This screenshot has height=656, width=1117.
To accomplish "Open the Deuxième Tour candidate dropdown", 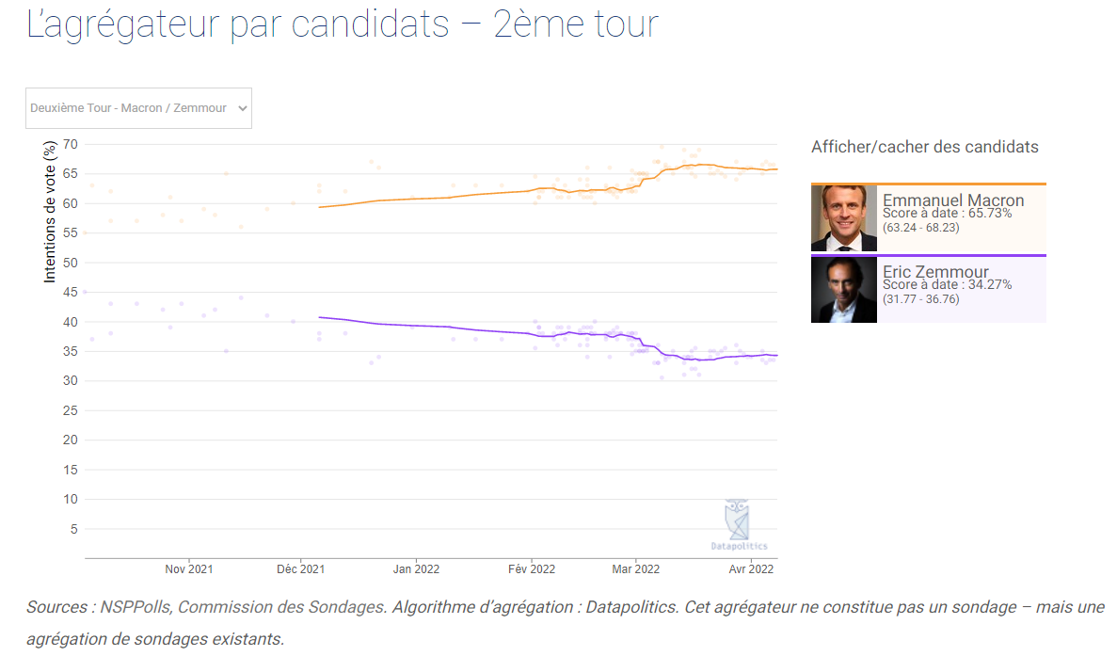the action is coord(138,108).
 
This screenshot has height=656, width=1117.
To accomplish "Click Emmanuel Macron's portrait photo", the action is coord(843,218).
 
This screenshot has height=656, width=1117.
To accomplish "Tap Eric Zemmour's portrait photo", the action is coord(843,290).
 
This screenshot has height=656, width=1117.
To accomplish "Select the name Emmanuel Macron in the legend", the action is coord(953,200).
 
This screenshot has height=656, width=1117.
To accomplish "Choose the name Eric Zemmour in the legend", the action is coord(935,271).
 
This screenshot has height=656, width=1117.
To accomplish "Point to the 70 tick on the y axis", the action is coord(71,145).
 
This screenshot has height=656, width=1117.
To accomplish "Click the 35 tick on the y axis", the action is coord(71,351).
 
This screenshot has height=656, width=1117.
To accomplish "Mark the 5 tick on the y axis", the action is coord(74,529).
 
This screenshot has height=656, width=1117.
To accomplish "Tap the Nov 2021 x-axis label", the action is coord(189,569).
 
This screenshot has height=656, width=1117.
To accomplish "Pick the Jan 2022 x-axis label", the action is coord(416,569).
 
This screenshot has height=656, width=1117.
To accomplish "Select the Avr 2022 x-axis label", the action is coord(751,569).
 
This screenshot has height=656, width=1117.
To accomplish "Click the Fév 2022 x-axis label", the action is coord(532,569).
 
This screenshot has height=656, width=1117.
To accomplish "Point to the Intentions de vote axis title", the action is coord(49,213).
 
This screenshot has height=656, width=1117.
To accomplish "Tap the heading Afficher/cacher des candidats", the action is coord(925,147).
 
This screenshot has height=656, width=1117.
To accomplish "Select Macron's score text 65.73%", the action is coord(989,213).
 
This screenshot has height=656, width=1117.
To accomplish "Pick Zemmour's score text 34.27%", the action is coord(989,284).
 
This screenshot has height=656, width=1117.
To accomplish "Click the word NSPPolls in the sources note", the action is coord(136,607).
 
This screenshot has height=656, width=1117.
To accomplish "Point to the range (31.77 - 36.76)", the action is coord(921,299).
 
